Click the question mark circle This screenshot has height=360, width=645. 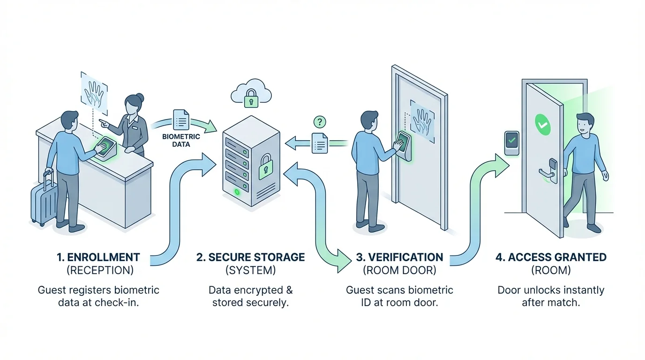[319, 122]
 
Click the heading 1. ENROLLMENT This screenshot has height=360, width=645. [98, 257]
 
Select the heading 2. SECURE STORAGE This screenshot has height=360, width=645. [250, 257]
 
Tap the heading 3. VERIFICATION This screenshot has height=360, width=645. [399, 257]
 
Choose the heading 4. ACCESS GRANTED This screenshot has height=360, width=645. [551, 257]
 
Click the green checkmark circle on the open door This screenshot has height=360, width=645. [542, 125]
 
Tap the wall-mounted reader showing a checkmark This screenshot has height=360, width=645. [511, 142]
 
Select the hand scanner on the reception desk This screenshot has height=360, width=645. [106, 148]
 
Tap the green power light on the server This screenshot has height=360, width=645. [237, 191]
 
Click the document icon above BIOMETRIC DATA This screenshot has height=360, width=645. [181, 120]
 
